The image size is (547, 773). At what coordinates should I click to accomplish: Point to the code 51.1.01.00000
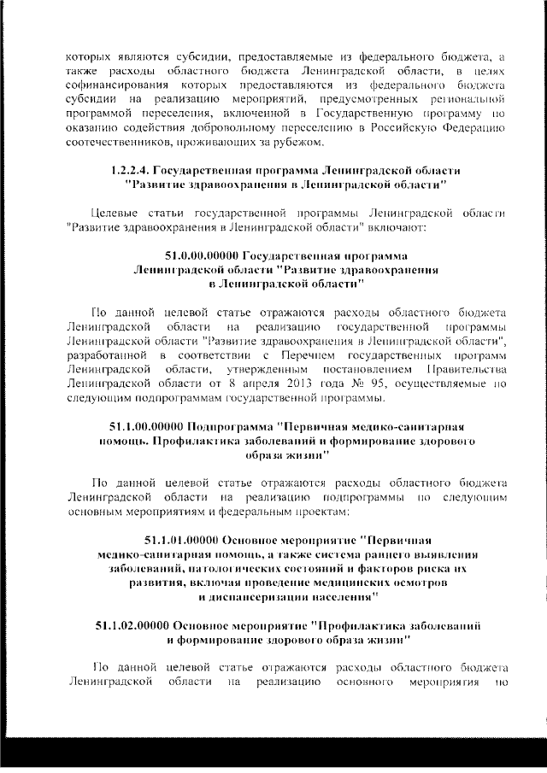pyautogui.click(x=180, y=540)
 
